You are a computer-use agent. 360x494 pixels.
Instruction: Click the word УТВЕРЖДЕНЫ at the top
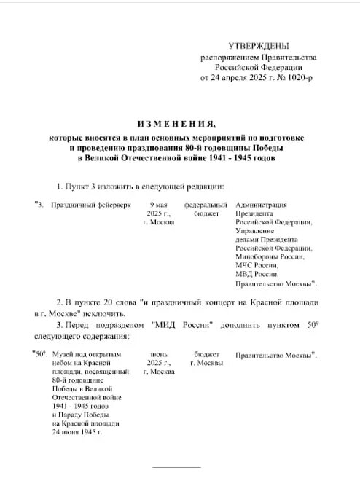258,46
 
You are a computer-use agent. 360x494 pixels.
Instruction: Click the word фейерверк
112,206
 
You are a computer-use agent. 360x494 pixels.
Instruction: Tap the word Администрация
261,206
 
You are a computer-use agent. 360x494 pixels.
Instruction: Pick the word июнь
158,353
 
